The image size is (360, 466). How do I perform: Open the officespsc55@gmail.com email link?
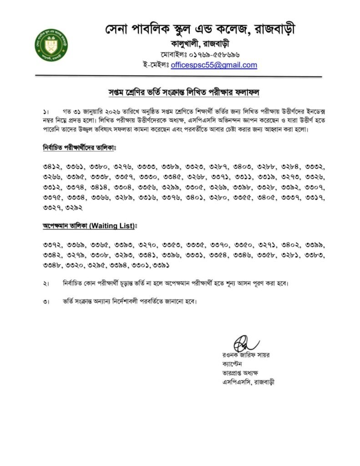tap(214, 65)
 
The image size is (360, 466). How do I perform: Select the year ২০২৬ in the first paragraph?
tap(110, 111)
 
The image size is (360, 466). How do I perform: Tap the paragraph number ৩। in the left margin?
tap(46, 302)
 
